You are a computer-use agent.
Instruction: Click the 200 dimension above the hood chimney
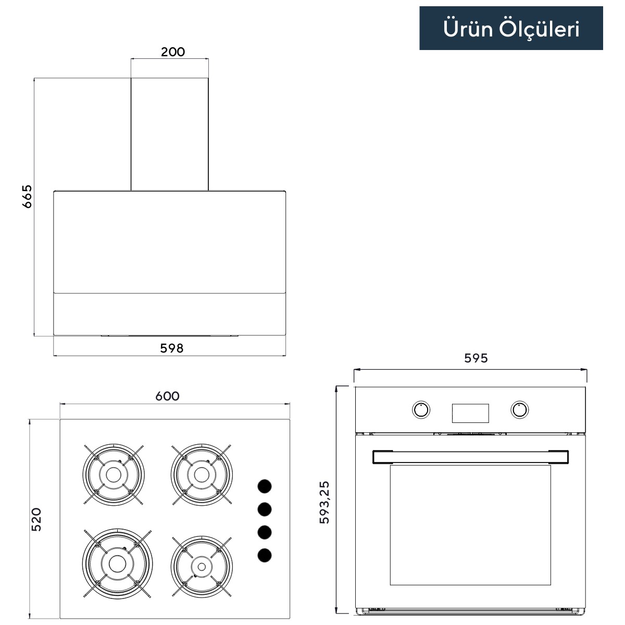coord(173,52)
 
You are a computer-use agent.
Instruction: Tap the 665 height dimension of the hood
coord(27,196)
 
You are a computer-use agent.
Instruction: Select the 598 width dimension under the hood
coord(172,348)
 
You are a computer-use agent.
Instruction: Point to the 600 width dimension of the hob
coord(167,396)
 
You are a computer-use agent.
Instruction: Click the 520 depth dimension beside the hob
coord(36,519)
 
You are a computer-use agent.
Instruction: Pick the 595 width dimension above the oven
coord(476,358)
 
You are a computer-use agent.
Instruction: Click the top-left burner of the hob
coord(114,475)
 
